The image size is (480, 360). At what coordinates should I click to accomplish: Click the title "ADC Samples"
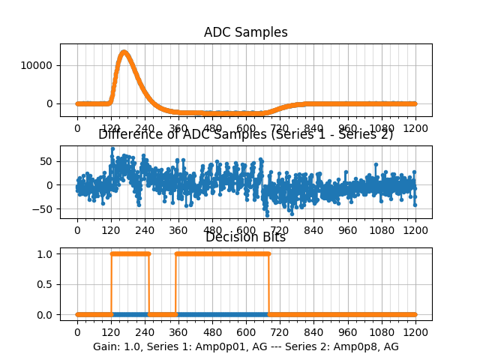[x=245, y=32]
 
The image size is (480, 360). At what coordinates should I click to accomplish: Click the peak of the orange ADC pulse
[x=124, y=52]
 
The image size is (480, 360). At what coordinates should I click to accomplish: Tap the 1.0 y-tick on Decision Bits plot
[x=45, y=253]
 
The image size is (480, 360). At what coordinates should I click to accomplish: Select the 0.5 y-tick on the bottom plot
[x=45, y=284]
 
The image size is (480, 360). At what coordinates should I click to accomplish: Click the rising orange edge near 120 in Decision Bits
[x=111, y=284]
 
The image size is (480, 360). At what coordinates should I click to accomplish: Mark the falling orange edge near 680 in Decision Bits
[x=268, y=284]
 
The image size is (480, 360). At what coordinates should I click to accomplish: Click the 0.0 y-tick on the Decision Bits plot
[x=45, y=314]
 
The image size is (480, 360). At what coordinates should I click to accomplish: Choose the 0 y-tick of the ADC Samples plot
[x=49, y=103]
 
